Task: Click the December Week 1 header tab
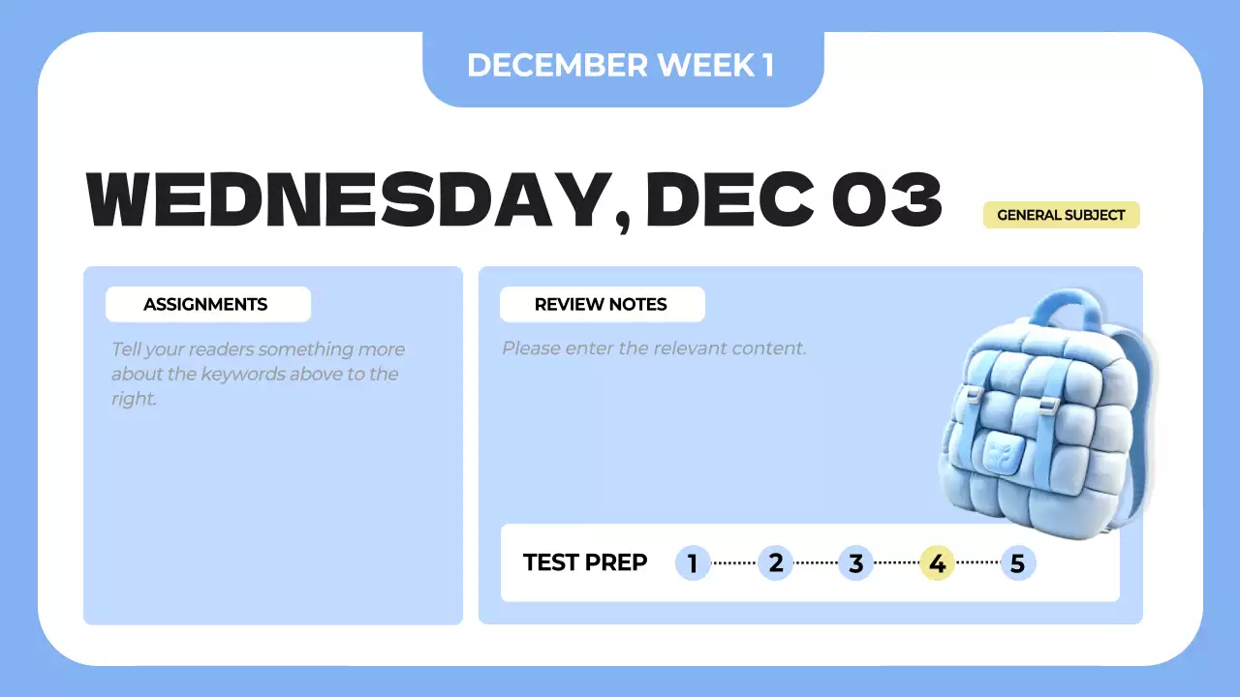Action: click(x=621, y=65)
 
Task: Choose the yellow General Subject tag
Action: click(x=1061, y=215)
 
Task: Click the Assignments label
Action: click(x=206, y=304)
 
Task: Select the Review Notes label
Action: click(x=601, y=304)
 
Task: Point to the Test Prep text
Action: click(x=585, y=562)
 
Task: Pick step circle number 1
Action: click(x=693, y=562)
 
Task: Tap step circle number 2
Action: click(x=775, y=562)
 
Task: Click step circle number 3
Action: click(x=855, y=562)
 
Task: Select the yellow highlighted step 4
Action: click(x=937, y=562)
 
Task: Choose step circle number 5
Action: click(x=1017, y=562)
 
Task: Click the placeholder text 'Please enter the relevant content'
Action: click(x=654, y=348)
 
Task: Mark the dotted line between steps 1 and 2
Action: click(x=733, y=562)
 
